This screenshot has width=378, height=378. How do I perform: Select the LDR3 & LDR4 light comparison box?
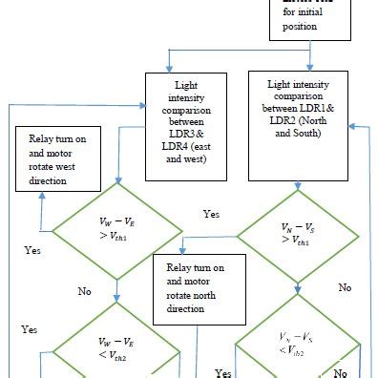[197, 126]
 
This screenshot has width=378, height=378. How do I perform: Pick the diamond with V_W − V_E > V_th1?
[115, 230]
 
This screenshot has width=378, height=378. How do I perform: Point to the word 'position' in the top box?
[318, 26]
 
